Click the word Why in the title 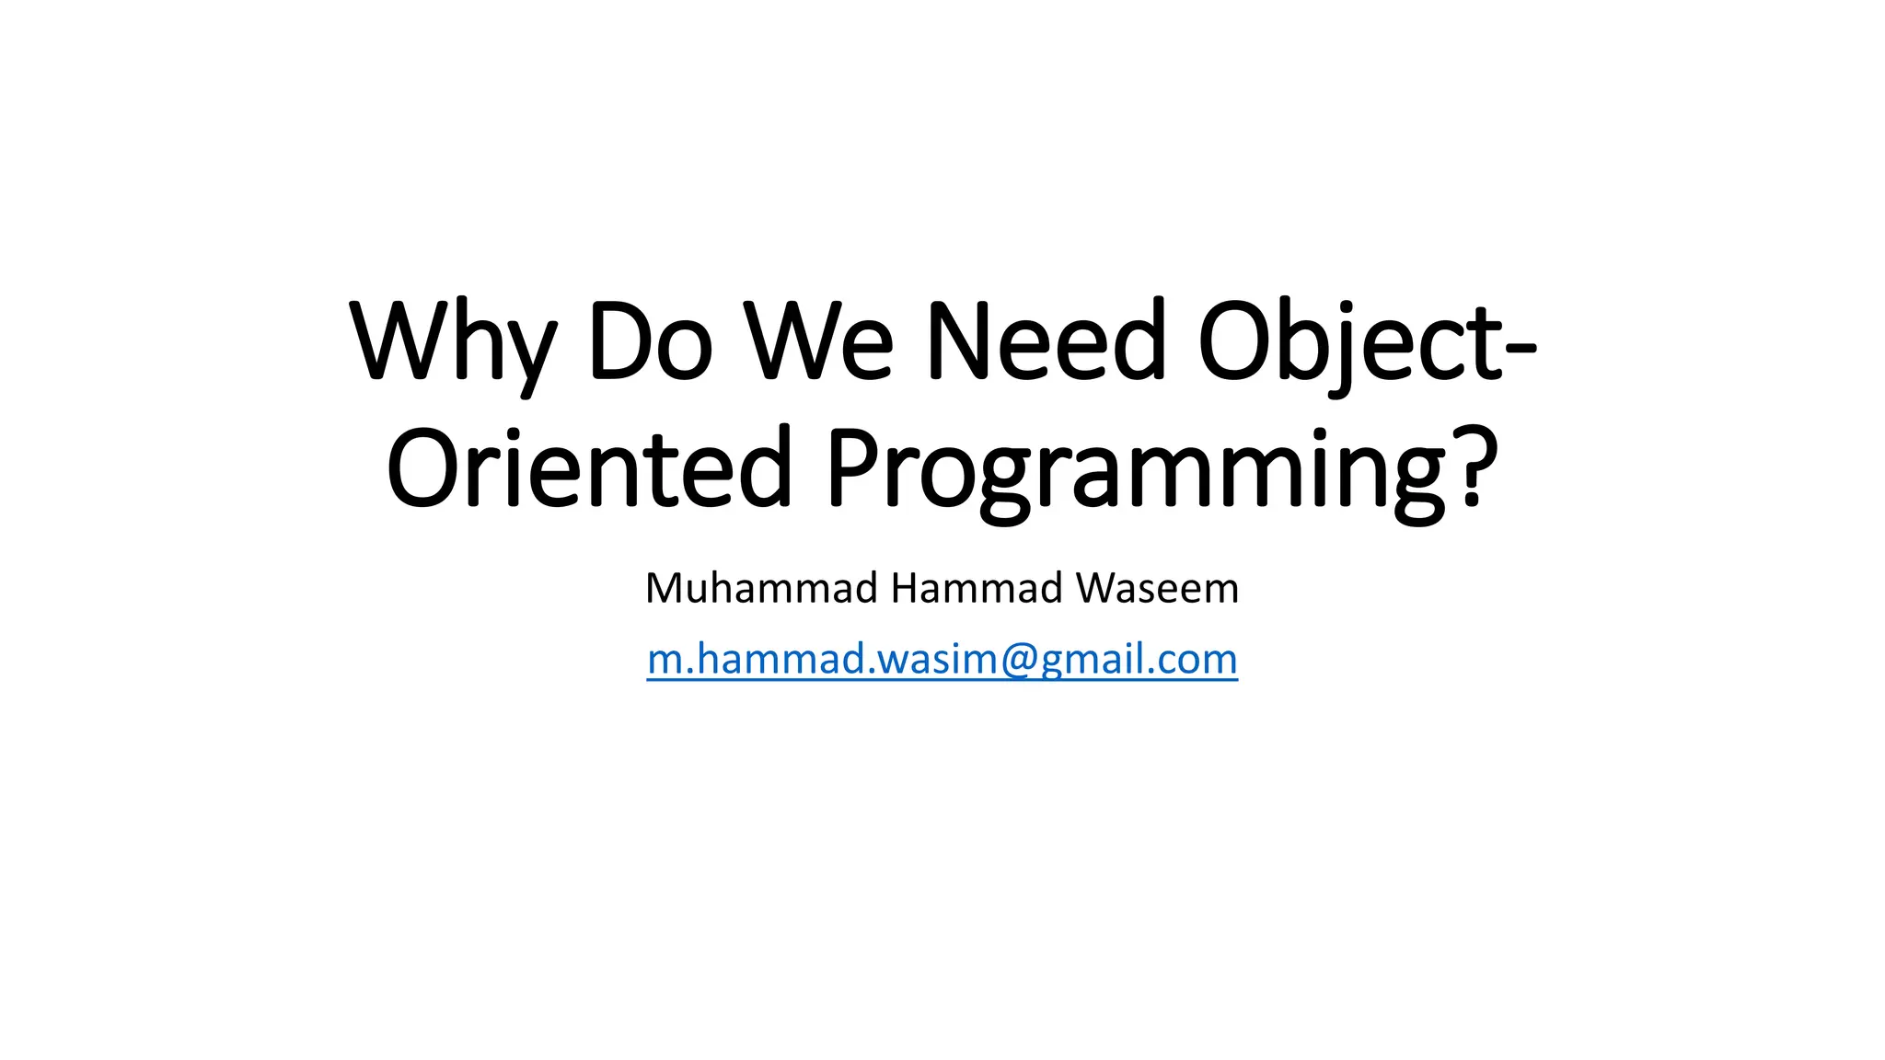point(452,341)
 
